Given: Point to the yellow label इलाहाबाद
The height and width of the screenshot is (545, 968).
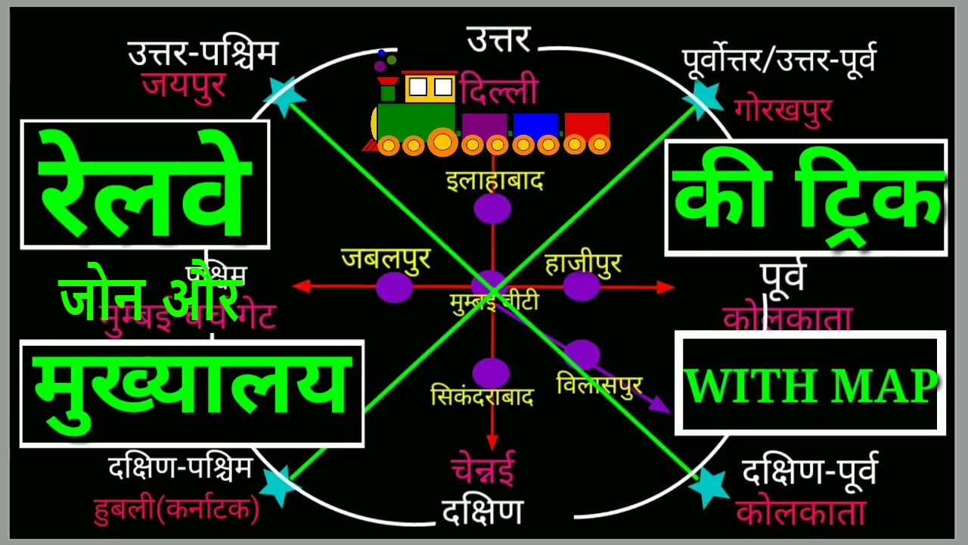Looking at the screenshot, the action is pos(495,182).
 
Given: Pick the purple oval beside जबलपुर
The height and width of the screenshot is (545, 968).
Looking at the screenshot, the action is pos(394,287).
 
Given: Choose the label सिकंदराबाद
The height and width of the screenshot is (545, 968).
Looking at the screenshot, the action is pos(482,397).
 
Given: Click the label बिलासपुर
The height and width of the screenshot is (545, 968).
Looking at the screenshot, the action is pos(599,384).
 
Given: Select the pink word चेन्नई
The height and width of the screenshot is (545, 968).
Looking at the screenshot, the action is pos(483,469).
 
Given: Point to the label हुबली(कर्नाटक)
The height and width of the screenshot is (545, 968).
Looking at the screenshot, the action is pos(176,509).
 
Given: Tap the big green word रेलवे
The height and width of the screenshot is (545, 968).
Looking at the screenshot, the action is pos(144,186).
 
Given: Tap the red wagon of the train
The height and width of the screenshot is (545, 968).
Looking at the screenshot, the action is pos(587,126).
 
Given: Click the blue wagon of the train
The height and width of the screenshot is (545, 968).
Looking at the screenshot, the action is pos(535,126).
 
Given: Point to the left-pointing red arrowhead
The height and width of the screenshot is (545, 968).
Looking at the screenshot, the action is pos(300,286).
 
